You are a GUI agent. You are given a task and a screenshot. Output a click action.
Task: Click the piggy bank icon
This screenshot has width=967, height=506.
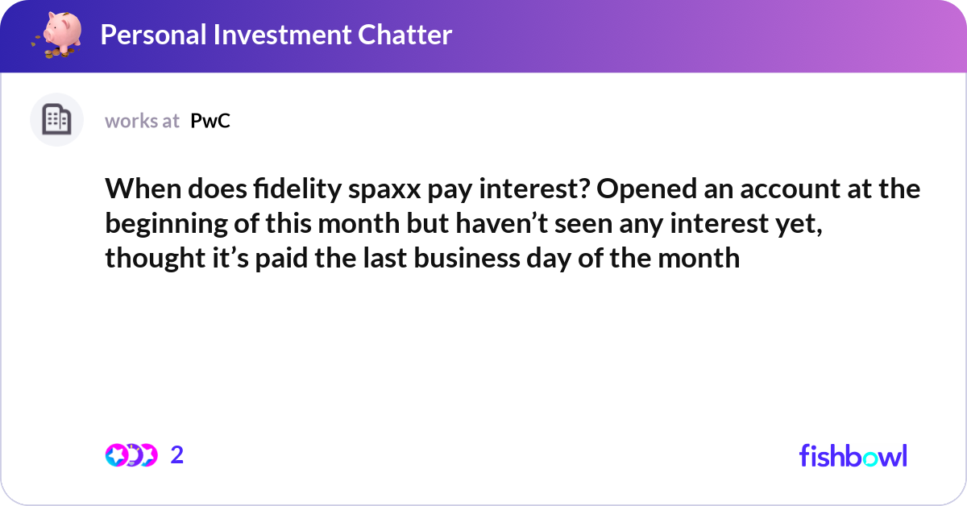pos(57,35)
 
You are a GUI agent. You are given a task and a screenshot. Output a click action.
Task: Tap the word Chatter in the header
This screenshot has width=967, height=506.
pos(405,35)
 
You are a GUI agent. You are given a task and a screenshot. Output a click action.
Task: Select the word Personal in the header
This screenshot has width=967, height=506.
pos(153,35)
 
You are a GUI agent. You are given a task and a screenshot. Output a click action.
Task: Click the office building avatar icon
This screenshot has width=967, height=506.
pos(56,119)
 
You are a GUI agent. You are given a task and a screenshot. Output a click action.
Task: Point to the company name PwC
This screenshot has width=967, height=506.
pos(210,121)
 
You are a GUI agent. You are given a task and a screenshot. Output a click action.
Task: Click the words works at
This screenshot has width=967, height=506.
pos(142,121)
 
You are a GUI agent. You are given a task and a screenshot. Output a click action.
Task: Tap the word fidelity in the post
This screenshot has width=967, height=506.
pos(297,189)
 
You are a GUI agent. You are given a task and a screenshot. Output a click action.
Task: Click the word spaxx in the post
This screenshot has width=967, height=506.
pos(384,190)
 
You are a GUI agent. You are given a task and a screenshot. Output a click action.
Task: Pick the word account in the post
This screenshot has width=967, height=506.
pos(790,190)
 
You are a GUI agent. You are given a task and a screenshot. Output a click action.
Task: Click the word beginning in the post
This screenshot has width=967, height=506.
pos(166,225)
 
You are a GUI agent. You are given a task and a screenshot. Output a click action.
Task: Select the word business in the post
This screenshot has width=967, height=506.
pos(467,258)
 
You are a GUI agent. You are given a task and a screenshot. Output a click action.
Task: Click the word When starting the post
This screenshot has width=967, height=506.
pos(143,189)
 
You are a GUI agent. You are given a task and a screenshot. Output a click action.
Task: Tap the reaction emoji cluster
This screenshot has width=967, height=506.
pos(131,455)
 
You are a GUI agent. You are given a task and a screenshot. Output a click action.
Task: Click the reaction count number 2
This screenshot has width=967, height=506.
pos(177,455)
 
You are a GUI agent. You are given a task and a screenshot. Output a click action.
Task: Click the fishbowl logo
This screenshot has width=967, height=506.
pos(853,455)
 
